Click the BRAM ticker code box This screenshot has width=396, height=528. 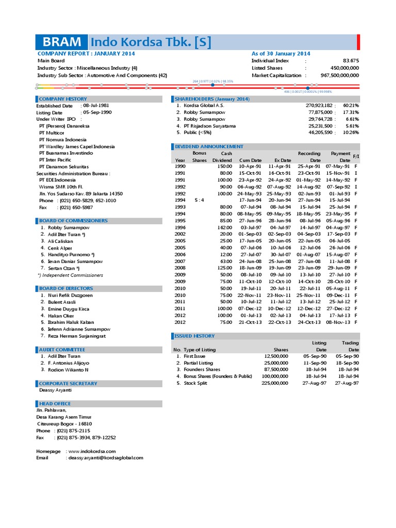click(x=62, y=42)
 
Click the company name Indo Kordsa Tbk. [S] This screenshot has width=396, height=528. click(x=151, y=42)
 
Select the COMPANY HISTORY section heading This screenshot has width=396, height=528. click(x=63, y=98)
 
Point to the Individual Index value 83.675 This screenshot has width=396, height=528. click(x=351, y=60)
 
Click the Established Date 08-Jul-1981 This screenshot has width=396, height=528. click(x=95, y=105)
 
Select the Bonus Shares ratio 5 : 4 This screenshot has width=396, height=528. click(x=199, y=200)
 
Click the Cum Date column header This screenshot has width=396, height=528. click(x=250, y=160)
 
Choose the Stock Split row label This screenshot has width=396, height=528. click(x=195, y=383)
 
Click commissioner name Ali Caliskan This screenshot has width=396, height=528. click(x=60, y=241)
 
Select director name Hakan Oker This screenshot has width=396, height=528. click(x=61, y=316)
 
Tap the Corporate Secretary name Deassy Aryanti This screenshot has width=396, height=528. click(x=55, y=390)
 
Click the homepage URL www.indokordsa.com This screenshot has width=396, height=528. click(x=91, y=451)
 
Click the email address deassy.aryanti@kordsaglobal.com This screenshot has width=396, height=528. click(x=105, y=458)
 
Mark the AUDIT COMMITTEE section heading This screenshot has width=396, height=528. click(x=62, y=350)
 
